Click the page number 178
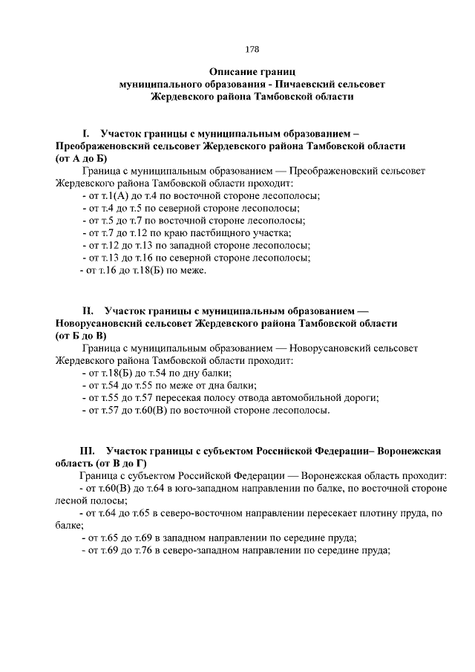click(x=252, y=50)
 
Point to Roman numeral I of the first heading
click(x=87, y=134)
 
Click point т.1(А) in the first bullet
click(x=116, y=195)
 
